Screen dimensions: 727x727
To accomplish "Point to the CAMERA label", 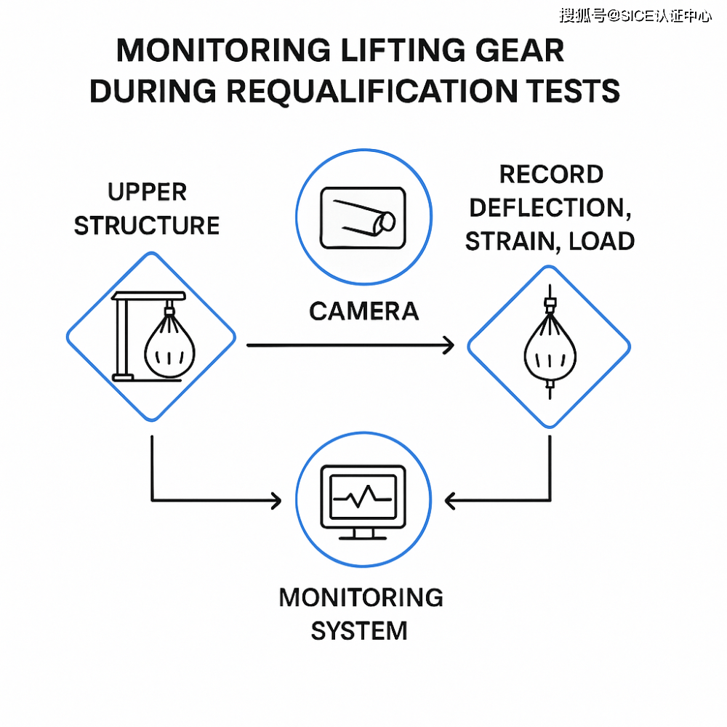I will (363, 311).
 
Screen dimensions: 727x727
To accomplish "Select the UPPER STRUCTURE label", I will (148, 209).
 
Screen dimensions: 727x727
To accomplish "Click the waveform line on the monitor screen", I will (362, 498).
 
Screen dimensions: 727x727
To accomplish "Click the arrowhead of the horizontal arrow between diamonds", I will (448, 345).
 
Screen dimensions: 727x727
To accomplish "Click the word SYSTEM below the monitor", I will (359, 630).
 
